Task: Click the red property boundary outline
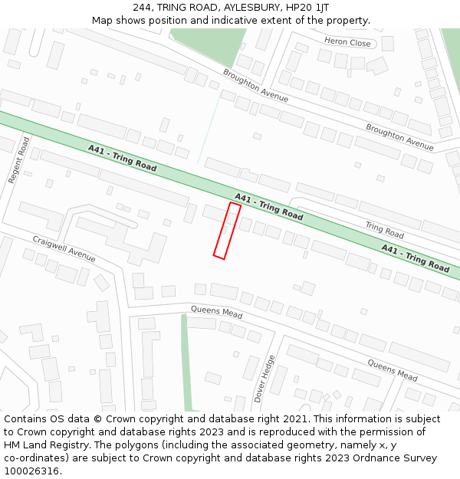[227, 231]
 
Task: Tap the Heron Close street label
[347, 42]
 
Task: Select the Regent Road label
[18, 159]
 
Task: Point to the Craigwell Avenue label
[64, 249]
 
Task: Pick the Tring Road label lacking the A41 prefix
[384, 229]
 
